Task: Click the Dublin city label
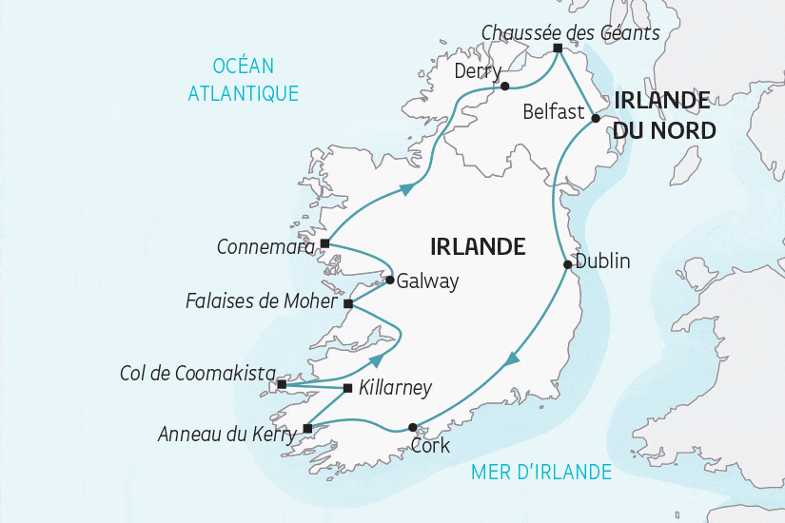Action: (x=602, y=261)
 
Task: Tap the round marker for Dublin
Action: (x=567, y=265)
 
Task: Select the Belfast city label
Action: (x=554, y=112)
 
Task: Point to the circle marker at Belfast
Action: (x=596, y=118)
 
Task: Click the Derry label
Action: (x=478, y=71)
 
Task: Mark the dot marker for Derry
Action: (x=505, y=86)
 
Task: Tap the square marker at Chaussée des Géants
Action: (x=558, y=48)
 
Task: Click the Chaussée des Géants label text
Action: (x=570, y=32)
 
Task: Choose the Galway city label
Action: (x=427, y=281)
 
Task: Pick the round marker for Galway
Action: (x=390, y=280)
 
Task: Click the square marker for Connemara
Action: (x=324, y=243)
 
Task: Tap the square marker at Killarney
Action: (x=347, y=388)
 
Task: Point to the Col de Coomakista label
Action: (x=198, y=373)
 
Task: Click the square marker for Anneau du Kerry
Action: (x=306, y=428)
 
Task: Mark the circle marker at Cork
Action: (x=412, y=427)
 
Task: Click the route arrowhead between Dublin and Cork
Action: (x=511, y=359)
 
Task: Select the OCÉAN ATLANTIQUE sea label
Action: (x=244, y=79)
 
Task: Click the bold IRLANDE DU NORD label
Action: (x=663, y=114)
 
